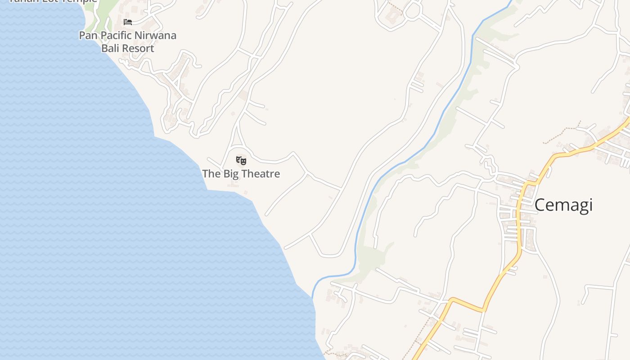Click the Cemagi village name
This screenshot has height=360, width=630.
(563, 205)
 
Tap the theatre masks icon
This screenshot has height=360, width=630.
(241, 160)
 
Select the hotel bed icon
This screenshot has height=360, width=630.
(128, 22)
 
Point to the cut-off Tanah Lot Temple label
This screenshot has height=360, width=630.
(53, 1)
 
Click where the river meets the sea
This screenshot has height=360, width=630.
(313, 295)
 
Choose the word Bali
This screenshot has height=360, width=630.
(110, 48)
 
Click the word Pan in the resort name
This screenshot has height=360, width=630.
(87, 35)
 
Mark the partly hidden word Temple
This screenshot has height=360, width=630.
(81, 1)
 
